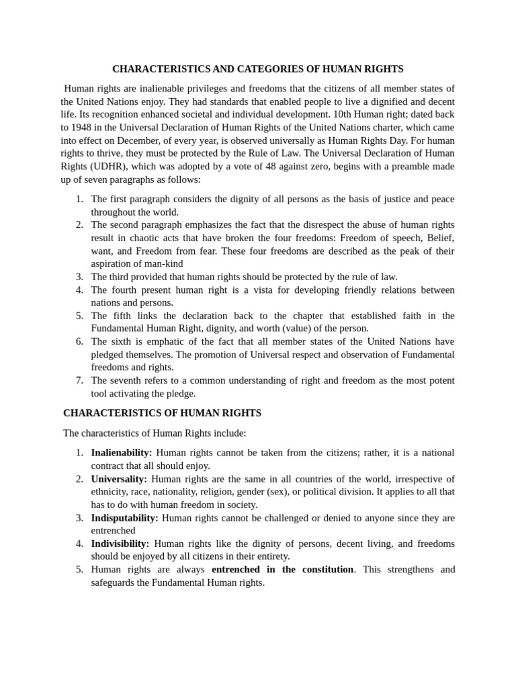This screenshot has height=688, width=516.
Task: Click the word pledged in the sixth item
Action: click(110, 354)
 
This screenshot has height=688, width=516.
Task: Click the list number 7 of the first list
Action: click(79, 380)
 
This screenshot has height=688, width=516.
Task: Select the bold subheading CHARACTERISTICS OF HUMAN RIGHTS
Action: click(162, 413)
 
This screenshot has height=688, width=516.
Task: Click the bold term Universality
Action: click(119, 479)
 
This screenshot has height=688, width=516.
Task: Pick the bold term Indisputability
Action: click(124, 518)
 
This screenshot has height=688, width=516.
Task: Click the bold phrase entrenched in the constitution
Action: click(282, 570)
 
